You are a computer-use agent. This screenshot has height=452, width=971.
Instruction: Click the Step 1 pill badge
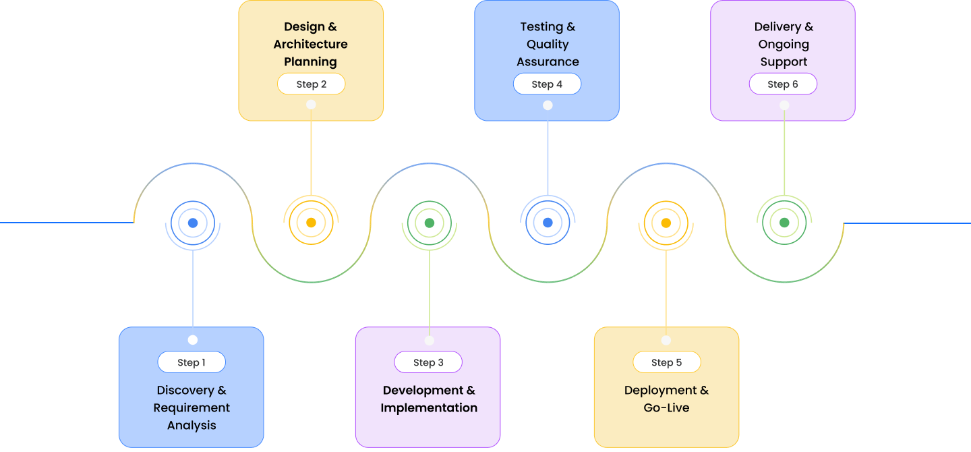[192, 362]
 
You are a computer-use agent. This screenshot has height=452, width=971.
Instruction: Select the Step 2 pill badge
[311, 84]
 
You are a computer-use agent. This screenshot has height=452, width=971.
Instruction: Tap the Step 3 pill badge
[428, 362]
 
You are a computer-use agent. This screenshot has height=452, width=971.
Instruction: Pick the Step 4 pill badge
[547, 84]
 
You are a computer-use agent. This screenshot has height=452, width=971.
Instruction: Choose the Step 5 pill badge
[666, 362]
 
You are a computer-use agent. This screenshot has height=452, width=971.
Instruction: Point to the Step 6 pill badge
[783, 84]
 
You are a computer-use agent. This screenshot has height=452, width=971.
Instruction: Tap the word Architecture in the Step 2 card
[310, 45]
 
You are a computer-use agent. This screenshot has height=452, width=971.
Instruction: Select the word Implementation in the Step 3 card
[429, 408]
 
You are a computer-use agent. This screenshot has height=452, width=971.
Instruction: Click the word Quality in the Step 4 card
[548, 45]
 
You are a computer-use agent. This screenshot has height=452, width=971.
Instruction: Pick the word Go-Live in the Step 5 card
[666, 408]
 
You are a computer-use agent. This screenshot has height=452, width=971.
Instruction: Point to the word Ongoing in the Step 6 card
[784, 45]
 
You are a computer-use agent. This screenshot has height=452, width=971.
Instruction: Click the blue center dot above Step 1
[193, 223]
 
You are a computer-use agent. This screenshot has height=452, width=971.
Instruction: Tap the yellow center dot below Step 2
[311, 223]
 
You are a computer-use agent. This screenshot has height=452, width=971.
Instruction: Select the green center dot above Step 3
[430, 223]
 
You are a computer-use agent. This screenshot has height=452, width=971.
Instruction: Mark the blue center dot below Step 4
[548, 223]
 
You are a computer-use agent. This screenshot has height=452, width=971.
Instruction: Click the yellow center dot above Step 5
[666, 223]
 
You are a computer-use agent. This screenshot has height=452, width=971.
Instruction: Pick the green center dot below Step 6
[784, 223]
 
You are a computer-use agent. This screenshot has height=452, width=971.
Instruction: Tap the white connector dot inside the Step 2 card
[311, 105]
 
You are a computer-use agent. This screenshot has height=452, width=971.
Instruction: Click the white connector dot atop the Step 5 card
[666, 341]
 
